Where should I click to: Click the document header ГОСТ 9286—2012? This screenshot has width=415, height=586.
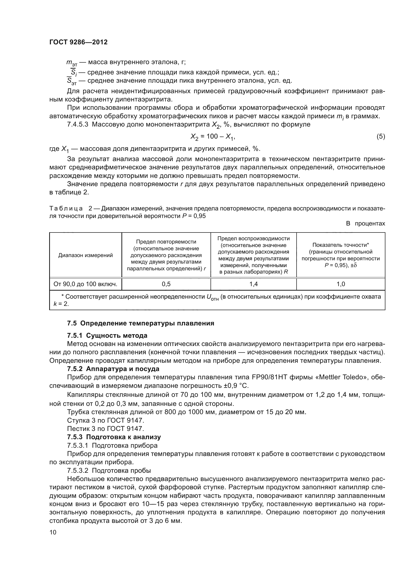click(78, 42)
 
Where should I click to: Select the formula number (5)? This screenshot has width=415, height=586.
click(381, 137)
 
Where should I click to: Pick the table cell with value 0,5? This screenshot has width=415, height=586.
click(166, 284)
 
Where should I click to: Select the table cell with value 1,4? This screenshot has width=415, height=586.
click(253, 284)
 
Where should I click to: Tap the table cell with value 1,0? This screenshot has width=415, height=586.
click(341, 284)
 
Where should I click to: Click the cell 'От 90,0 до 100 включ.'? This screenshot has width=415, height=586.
click(85, 284)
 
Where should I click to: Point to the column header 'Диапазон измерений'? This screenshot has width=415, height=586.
click(85, 255)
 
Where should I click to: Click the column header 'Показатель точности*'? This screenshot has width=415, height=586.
click(341, 245)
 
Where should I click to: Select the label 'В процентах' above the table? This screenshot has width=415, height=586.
click(365, 223)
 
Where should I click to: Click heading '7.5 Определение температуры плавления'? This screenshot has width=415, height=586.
click(141, 323)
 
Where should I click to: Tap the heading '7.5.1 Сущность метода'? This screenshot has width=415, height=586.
click(107, 335)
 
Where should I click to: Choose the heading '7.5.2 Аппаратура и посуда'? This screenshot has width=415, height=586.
click(113, 369)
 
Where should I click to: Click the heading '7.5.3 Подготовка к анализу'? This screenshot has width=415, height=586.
click(114, 437)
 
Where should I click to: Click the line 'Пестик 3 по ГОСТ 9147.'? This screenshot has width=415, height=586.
click(106, 428)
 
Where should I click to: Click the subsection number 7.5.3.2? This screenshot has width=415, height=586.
click(78, 471)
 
